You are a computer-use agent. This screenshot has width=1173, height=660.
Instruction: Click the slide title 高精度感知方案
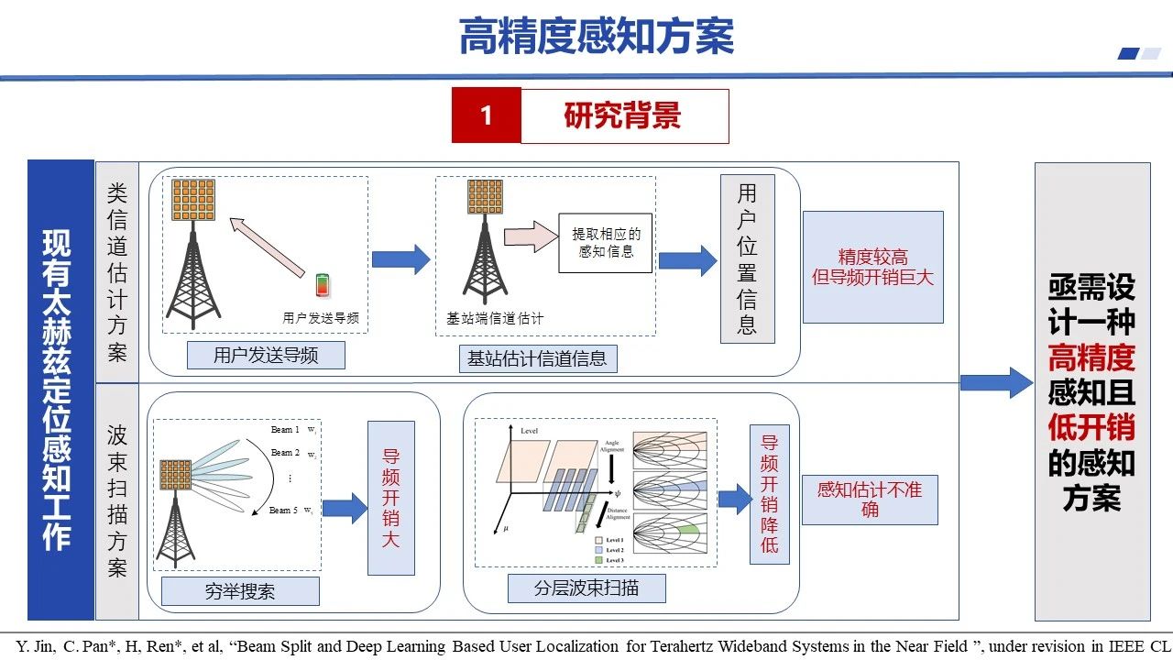click(x=596, y=37)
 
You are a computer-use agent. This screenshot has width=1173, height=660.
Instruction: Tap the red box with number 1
click(x=486, y=115)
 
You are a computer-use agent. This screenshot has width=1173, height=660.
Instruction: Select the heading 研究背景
click(x=623, y=115)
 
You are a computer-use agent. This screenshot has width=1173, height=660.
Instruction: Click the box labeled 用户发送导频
click(x=266, y=355)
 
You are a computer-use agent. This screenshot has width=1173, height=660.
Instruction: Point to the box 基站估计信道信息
click(x=537, y=358)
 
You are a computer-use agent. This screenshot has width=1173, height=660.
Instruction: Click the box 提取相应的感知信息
click(x=606, y=243)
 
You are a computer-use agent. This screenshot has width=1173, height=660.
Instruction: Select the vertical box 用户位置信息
click(x=747, y=258)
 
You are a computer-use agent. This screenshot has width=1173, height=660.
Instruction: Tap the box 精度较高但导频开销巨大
click(x=872, y=267)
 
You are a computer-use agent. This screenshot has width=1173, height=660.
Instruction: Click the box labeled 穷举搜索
click(x=240, y=591)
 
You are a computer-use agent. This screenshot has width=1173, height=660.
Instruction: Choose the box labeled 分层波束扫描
click(x=586, y=588)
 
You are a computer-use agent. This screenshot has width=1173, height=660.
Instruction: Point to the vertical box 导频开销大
click(x=391, y=498)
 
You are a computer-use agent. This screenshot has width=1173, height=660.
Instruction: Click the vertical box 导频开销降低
click(x=769, y=493)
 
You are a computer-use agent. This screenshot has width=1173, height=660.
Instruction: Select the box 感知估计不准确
click(x=870, y=499)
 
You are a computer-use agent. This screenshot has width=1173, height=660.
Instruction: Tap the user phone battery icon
click(x=322, y=285)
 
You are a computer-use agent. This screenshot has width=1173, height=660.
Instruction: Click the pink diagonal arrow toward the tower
click(x=267, y=247)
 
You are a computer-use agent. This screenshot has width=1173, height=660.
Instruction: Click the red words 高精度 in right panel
click(x=1091, y=357)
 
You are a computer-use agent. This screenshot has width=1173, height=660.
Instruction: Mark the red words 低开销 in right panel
click(x=1091, y=427)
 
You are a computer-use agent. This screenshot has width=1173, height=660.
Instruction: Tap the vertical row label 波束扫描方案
click(x=117, y=500)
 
